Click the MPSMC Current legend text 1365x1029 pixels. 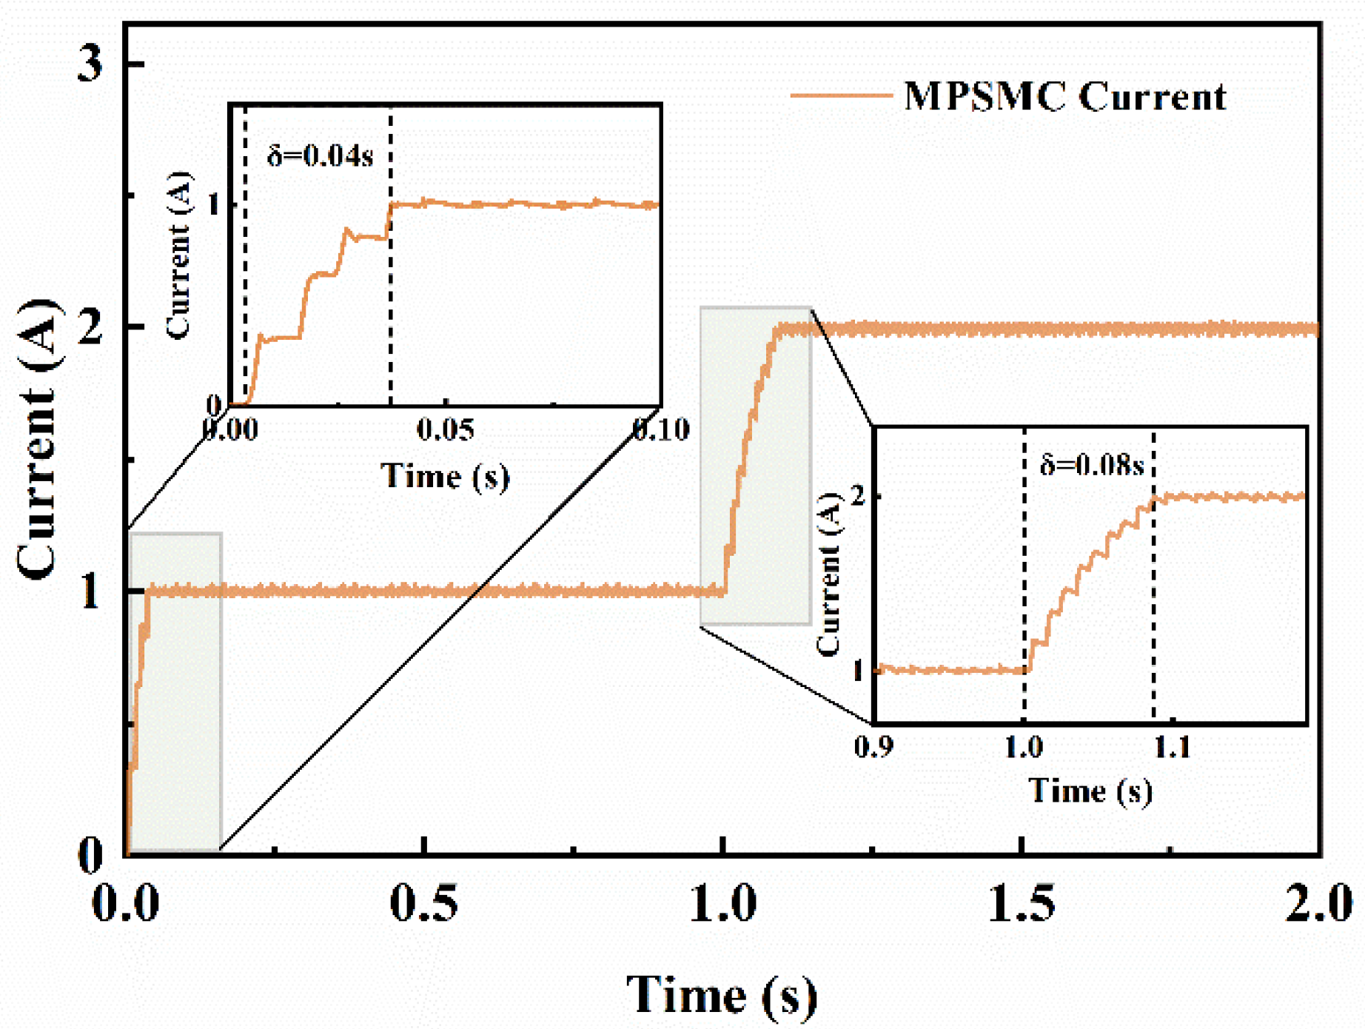1064,97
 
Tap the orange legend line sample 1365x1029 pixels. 841,95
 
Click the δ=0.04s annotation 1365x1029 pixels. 320,156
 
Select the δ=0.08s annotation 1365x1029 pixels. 1092,465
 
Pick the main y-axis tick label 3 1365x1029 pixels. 90,64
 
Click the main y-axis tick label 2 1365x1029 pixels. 90,327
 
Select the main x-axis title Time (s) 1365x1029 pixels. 722,994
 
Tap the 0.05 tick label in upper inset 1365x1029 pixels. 445,429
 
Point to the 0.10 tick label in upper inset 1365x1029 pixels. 661,429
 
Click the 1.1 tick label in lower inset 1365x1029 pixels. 1172,747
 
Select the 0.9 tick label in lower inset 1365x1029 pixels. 873,747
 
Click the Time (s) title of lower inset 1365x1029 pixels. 1090,791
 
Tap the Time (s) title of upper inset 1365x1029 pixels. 445,475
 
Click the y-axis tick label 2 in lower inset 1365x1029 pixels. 859,495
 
